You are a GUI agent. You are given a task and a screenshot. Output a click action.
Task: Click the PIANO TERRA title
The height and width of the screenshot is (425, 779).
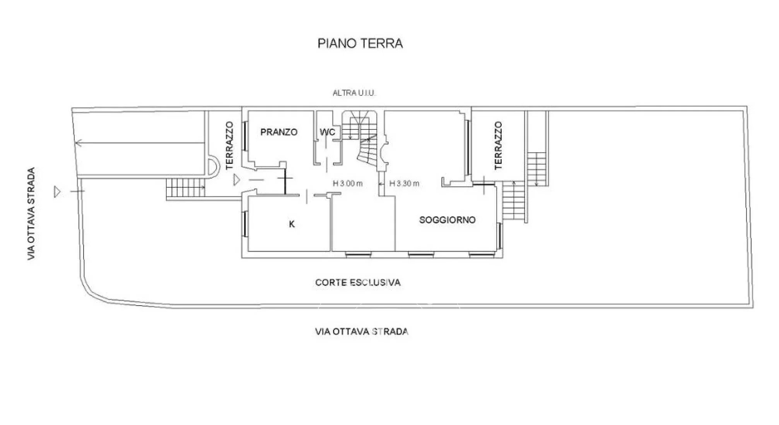point(360,43)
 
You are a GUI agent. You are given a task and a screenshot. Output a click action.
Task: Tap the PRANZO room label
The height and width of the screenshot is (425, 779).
point(279,132)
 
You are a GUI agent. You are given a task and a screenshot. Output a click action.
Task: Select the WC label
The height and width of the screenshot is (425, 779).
point(327,132)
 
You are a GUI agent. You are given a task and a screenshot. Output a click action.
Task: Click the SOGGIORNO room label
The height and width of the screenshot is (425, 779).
point(448,220)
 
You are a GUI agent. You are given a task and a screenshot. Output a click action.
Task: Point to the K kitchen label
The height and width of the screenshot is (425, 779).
point(292,224)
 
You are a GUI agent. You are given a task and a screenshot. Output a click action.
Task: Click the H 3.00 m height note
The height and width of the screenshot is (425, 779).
point(348,184)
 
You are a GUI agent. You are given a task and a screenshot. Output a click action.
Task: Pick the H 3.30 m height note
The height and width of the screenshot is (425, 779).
point(404,184)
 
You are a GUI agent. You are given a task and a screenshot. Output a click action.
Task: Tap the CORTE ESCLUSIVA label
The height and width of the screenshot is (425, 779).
point(358,282)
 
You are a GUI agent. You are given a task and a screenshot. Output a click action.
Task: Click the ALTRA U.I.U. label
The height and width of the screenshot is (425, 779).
point(354,93)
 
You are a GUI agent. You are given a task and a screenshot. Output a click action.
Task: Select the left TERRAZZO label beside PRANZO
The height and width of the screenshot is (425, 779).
point(230,146)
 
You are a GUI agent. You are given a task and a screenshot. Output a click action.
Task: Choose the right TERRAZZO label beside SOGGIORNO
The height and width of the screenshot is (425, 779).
point(498,146)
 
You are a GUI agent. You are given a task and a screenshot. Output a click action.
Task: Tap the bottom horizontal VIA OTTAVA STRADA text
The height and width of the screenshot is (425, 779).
point(362,331)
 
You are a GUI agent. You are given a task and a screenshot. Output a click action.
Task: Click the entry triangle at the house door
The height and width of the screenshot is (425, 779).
point(237,180)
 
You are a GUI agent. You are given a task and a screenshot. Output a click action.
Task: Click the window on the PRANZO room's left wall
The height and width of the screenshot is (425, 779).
point(245,136)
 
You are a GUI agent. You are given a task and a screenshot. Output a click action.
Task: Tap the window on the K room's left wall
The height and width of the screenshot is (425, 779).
point(245,224)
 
